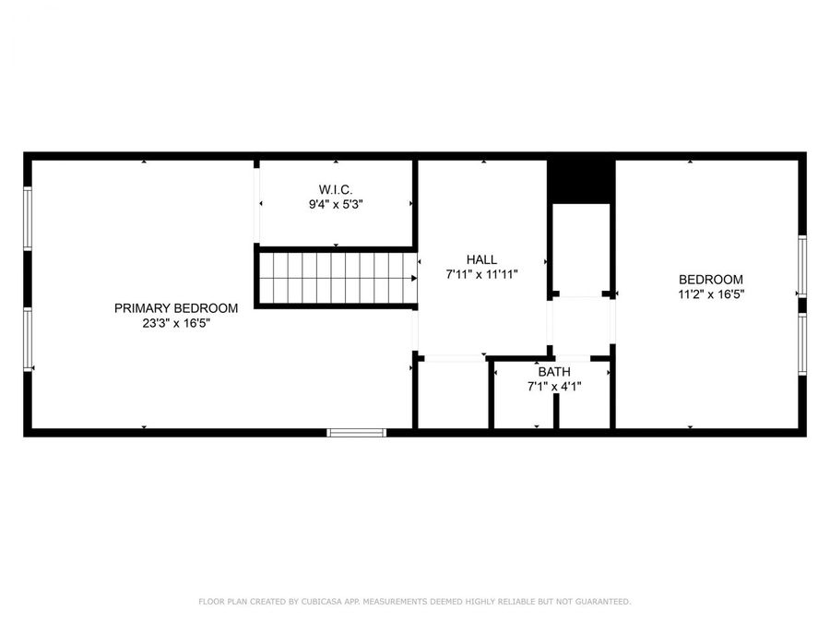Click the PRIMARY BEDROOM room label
pos(176,308)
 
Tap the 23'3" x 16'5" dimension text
pos(176,323)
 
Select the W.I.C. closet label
pos(336,189)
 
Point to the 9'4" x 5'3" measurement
pos(336,204)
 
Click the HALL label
pos(481,260)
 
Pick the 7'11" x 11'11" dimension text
pos(481,275)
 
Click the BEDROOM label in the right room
pos(711,280)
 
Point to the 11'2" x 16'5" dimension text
pos(711,294)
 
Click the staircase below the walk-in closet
pos(336,278)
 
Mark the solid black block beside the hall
pos(581,181)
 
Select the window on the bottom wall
pos(357,432)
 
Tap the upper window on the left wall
pos(28,218)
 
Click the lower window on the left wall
pos(28,340)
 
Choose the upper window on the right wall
pos(802,266)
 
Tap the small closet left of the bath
pos(453,395)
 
